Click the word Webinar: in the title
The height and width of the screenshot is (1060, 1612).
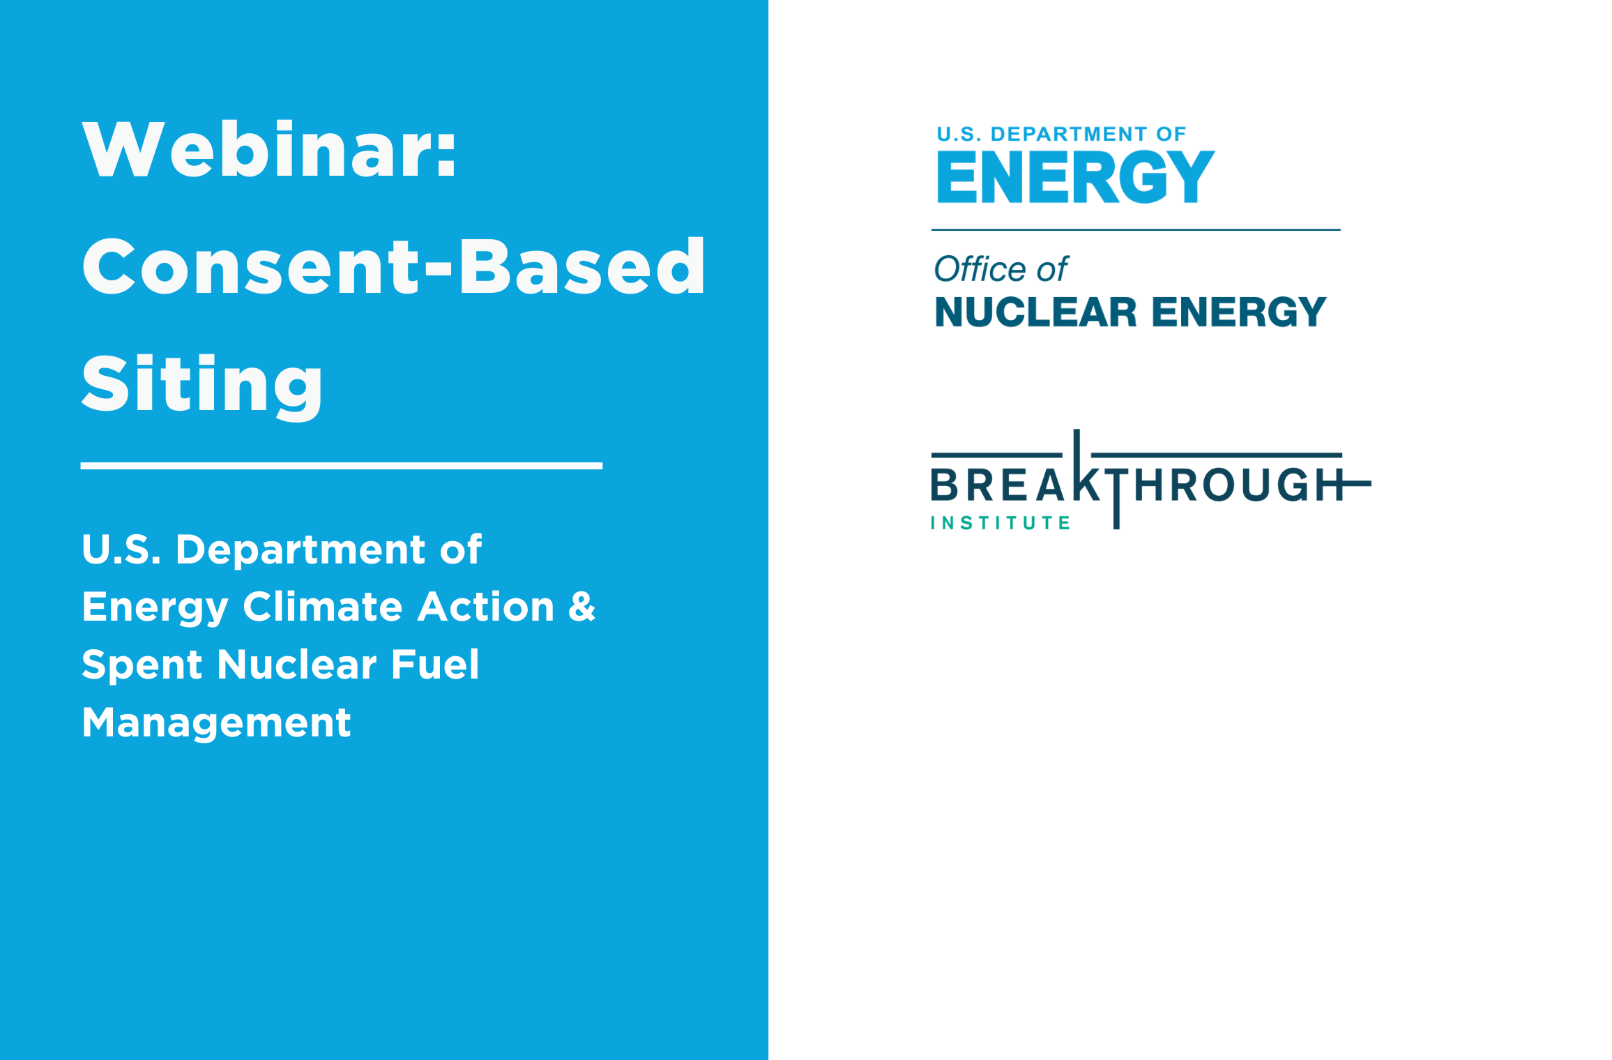(x=269, y=149)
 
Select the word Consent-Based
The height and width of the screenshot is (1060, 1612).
(x=394, y=266)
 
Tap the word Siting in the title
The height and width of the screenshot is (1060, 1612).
(x=202, y=384)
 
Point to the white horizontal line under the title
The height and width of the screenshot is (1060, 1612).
(x=342, y=465)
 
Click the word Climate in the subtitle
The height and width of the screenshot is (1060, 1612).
(x=323, y=606)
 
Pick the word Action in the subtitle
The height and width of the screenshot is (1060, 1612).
(x=486, y=606)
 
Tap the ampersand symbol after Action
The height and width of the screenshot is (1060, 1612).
(x=582, y=606)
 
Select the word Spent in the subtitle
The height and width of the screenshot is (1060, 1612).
(x=142, y=665)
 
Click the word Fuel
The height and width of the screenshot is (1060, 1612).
(x=435, y=663)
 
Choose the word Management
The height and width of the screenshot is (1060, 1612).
(x=216, y=722)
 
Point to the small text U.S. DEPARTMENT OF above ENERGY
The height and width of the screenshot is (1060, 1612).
(x=1061, y=134)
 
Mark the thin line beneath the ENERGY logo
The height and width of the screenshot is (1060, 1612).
(x=1136, y=229)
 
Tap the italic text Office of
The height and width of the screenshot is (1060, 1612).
(x=1001, y=269)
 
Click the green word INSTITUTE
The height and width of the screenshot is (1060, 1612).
(x=1001, y=523)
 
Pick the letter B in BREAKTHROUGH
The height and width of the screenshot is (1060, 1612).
(x=945, y=485)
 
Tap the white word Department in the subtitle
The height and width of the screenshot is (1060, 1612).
(x=301, y=550)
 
